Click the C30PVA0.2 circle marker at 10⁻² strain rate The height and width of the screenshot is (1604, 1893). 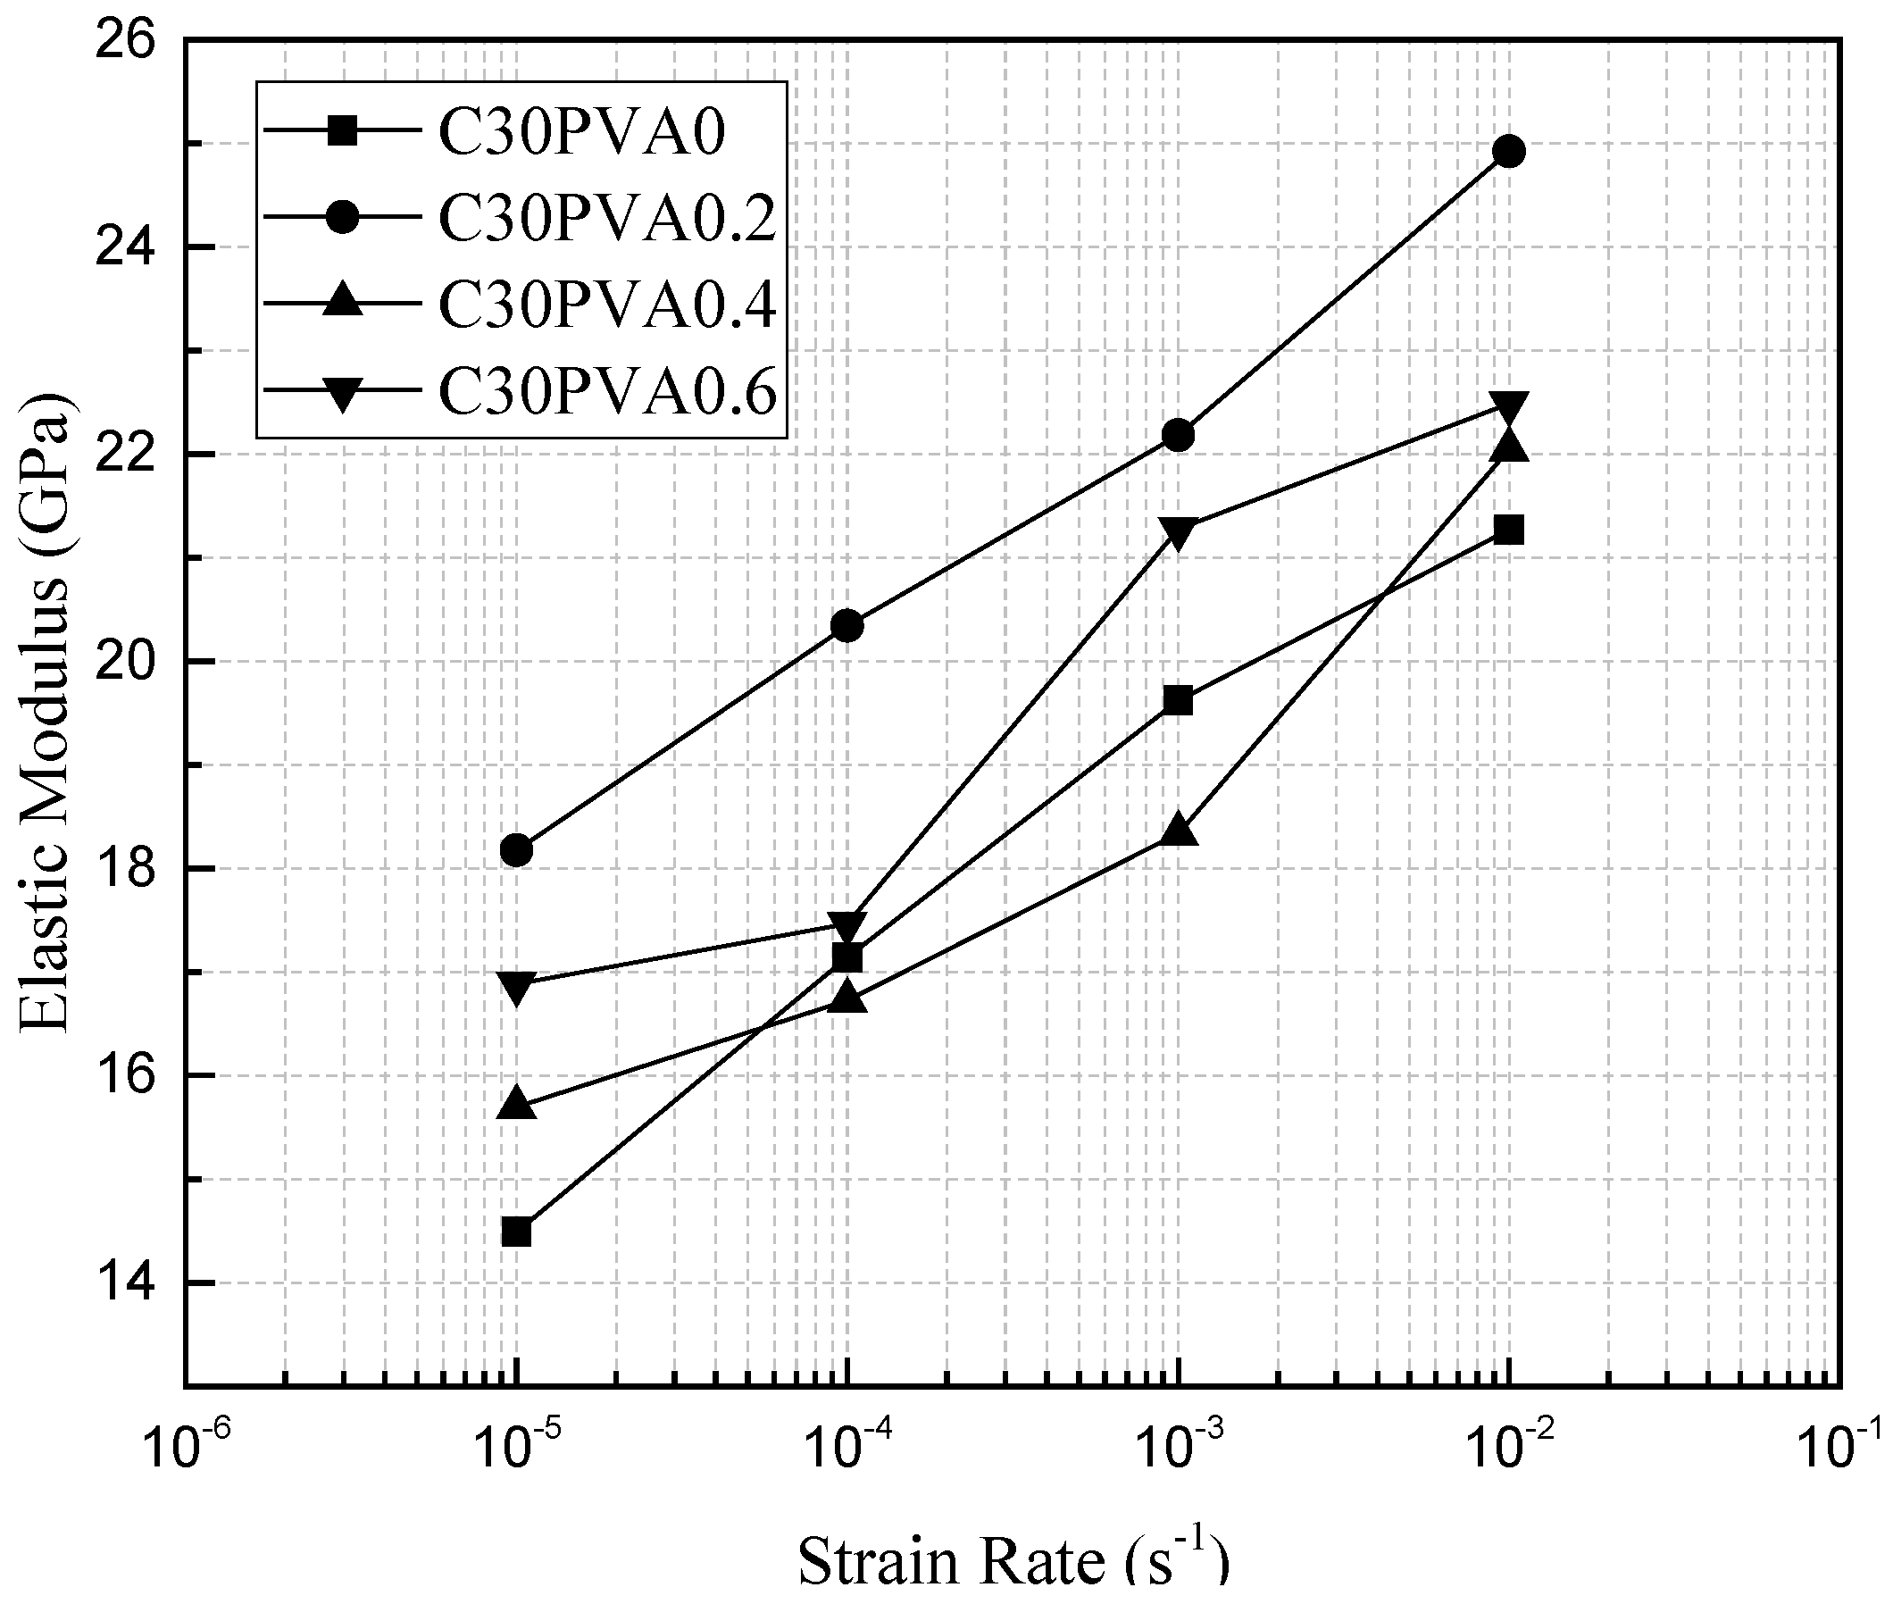click(x=1508, y=151)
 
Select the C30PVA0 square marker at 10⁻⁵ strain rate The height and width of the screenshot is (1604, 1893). click(x=516, y=1232)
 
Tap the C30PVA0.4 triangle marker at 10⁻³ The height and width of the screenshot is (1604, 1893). click(x=1179, y=830)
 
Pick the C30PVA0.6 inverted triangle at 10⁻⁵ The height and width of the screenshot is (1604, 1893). click(x=516, y=987)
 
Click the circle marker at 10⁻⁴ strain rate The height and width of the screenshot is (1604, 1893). click(x=847, y=625)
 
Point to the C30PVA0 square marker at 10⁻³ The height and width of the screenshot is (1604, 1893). click(x=1179, y=700)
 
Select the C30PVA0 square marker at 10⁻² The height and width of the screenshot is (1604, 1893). click(x=1508, y=530)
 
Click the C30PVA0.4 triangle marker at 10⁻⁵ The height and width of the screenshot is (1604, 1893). click(x=516, y=1103)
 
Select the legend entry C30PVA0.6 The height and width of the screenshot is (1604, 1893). click(x=607, y=392)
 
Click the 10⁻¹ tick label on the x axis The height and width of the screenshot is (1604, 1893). click(x=1842, y=1446)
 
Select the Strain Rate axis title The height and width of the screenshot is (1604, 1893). click(x=1013, y=1560)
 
